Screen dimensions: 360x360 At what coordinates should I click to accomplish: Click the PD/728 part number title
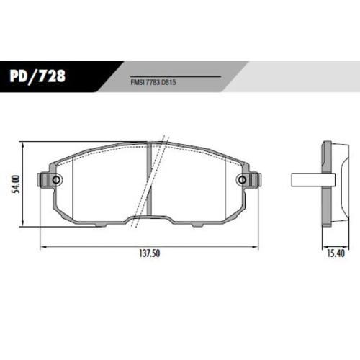[x=37, y=76]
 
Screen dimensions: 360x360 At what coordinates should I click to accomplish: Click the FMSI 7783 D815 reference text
[x=153, y=82]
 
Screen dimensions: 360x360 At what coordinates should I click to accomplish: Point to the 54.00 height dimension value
[x=17, y=184]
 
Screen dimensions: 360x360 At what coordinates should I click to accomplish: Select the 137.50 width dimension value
[x=149, y=253]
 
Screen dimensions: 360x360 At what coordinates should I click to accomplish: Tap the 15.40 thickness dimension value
[x=336, y=253]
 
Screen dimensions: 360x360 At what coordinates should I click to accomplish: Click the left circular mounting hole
[x=56, y=180]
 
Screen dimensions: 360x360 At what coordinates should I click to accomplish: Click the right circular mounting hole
[x=243, y=180]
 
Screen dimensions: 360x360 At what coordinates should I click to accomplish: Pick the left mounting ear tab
[x=43, y=180]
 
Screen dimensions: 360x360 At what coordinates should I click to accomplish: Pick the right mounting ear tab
[x=255, y=180]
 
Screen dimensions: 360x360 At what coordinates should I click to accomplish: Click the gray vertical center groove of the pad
[x=149, y=179]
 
